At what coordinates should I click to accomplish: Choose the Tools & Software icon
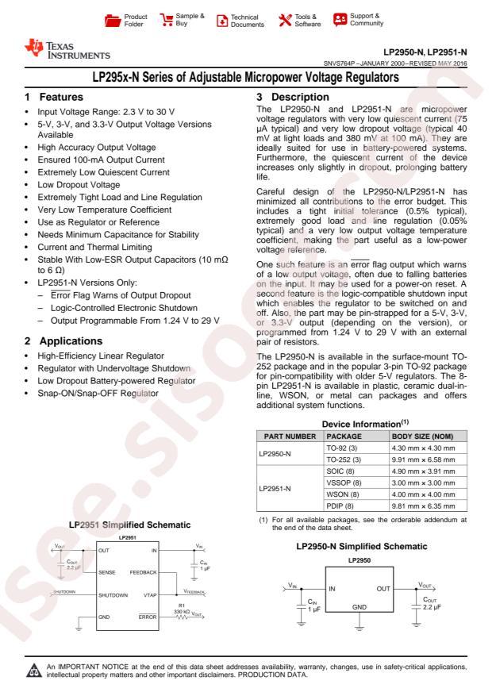coord(280,18)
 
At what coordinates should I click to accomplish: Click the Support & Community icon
coord(337,18)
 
